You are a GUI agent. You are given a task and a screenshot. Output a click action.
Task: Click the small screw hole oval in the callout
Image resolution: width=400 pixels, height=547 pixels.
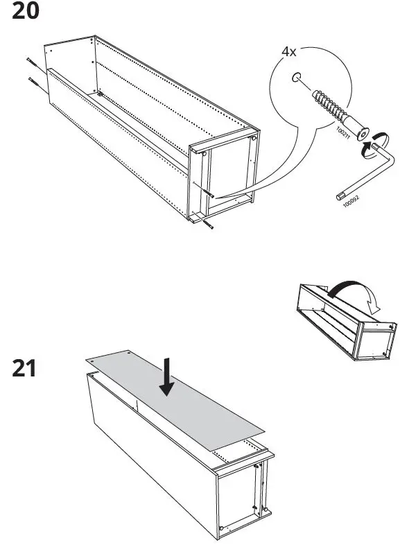(297, 78)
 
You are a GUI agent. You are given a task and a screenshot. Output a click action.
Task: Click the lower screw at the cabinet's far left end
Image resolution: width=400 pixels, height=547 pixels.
(35, 83)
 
